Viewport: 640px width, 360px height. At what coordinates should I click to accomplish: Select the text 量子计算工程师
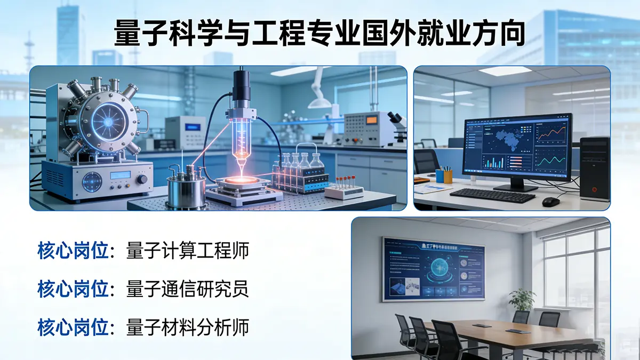[188, 251]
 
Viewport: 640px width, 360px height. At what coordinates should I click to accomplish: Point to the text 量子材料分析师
[188, 327]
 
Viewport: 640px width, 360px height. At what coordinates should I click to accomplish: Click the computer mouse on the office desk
[550, 202]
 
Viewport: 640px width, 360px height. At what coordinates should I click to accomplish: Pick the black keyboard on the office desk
[492, 195]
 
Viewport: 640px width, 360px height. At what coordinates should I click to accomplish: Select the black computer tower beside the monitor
[594, 168]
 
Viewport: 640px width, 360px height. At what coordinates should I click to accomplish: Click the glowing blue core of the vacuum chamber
[107, 122]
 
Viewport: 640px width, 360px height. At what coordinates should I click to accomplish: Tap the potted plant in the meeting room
[522, 301]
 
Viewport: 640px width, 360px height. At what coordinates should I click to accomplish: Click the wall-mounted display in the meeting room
[433, 269]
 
